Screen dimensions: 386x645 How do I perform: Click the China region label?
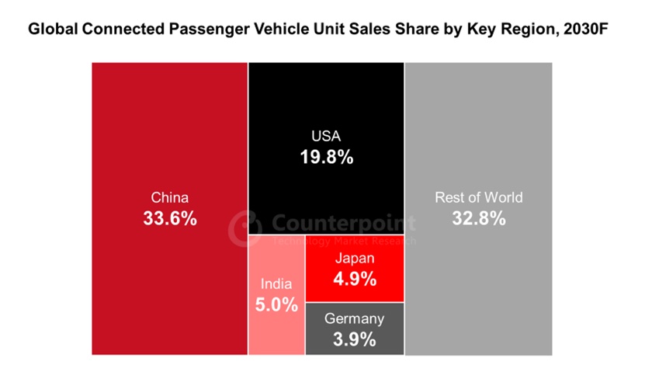click(x=169, y=198)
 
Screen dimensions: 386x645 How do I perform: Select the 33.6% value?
click(x=169, y=218)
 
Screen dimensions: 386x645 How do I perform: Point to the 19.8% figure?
click(x=326, y=157)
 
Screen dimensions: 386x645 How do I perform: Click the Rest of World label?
click(x=478, y=197)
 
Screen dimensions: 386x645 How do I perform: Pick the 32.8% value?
click(x=478, y=218)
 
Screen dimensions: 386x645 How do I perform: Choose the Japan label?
click(x=355, y=259)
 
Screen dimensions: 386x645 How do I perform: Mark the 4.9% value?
click(x=355, y=278)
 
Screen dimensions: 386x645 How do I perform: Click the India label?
click(x=276, y=284)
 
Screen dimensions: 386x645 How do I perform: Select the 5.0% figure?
click(x=276, y=304)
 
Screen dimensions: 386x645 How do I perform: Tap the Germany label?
click(x=354, y=318)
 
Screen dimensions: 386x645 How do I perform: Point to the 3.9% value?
click(x=354, y=339)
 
